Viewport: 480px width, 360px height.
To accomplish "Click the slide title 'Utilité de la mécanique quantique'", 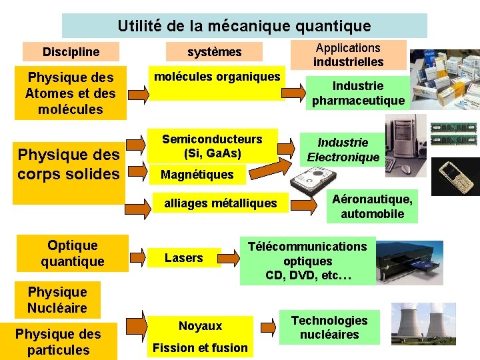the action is click(244, 26).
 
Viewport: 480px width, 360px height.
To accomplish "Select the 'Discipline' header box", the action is click(71, 51).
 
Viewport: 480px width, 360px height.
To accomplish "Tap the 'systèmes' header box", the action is click(215, 51).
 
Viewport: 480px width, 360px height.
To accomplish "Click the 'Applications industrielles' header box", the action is click(348, 55).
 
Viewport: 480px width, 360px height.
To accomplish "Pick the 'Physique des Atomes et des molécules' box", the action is click(70, 93).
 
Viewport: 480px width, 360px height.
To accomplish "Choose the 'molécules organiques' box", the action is click(217, 83).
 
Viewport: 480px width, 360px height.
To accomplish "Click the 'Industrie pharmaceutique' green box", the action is click(358, 93).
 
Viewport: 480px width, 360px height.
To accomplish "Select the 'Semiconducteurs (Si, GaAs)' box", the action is click(212, 146).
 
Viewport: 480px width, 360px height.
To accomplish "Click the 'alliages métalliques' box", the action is click(221, 203).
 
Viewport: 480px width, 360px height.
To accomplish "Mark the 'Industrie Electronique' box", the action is click(343, 150).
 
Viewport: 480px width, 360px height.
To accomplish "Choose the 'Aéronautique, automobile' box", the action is click(372, 206).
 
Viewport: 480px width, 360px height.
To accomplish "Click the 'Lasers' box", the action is click(184, 258).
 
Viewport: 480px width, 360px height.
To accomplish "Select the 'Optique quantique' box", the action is click(72, 254).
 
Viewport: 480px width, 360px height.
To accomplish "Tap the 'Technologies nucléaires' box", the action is click(329, 327).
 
